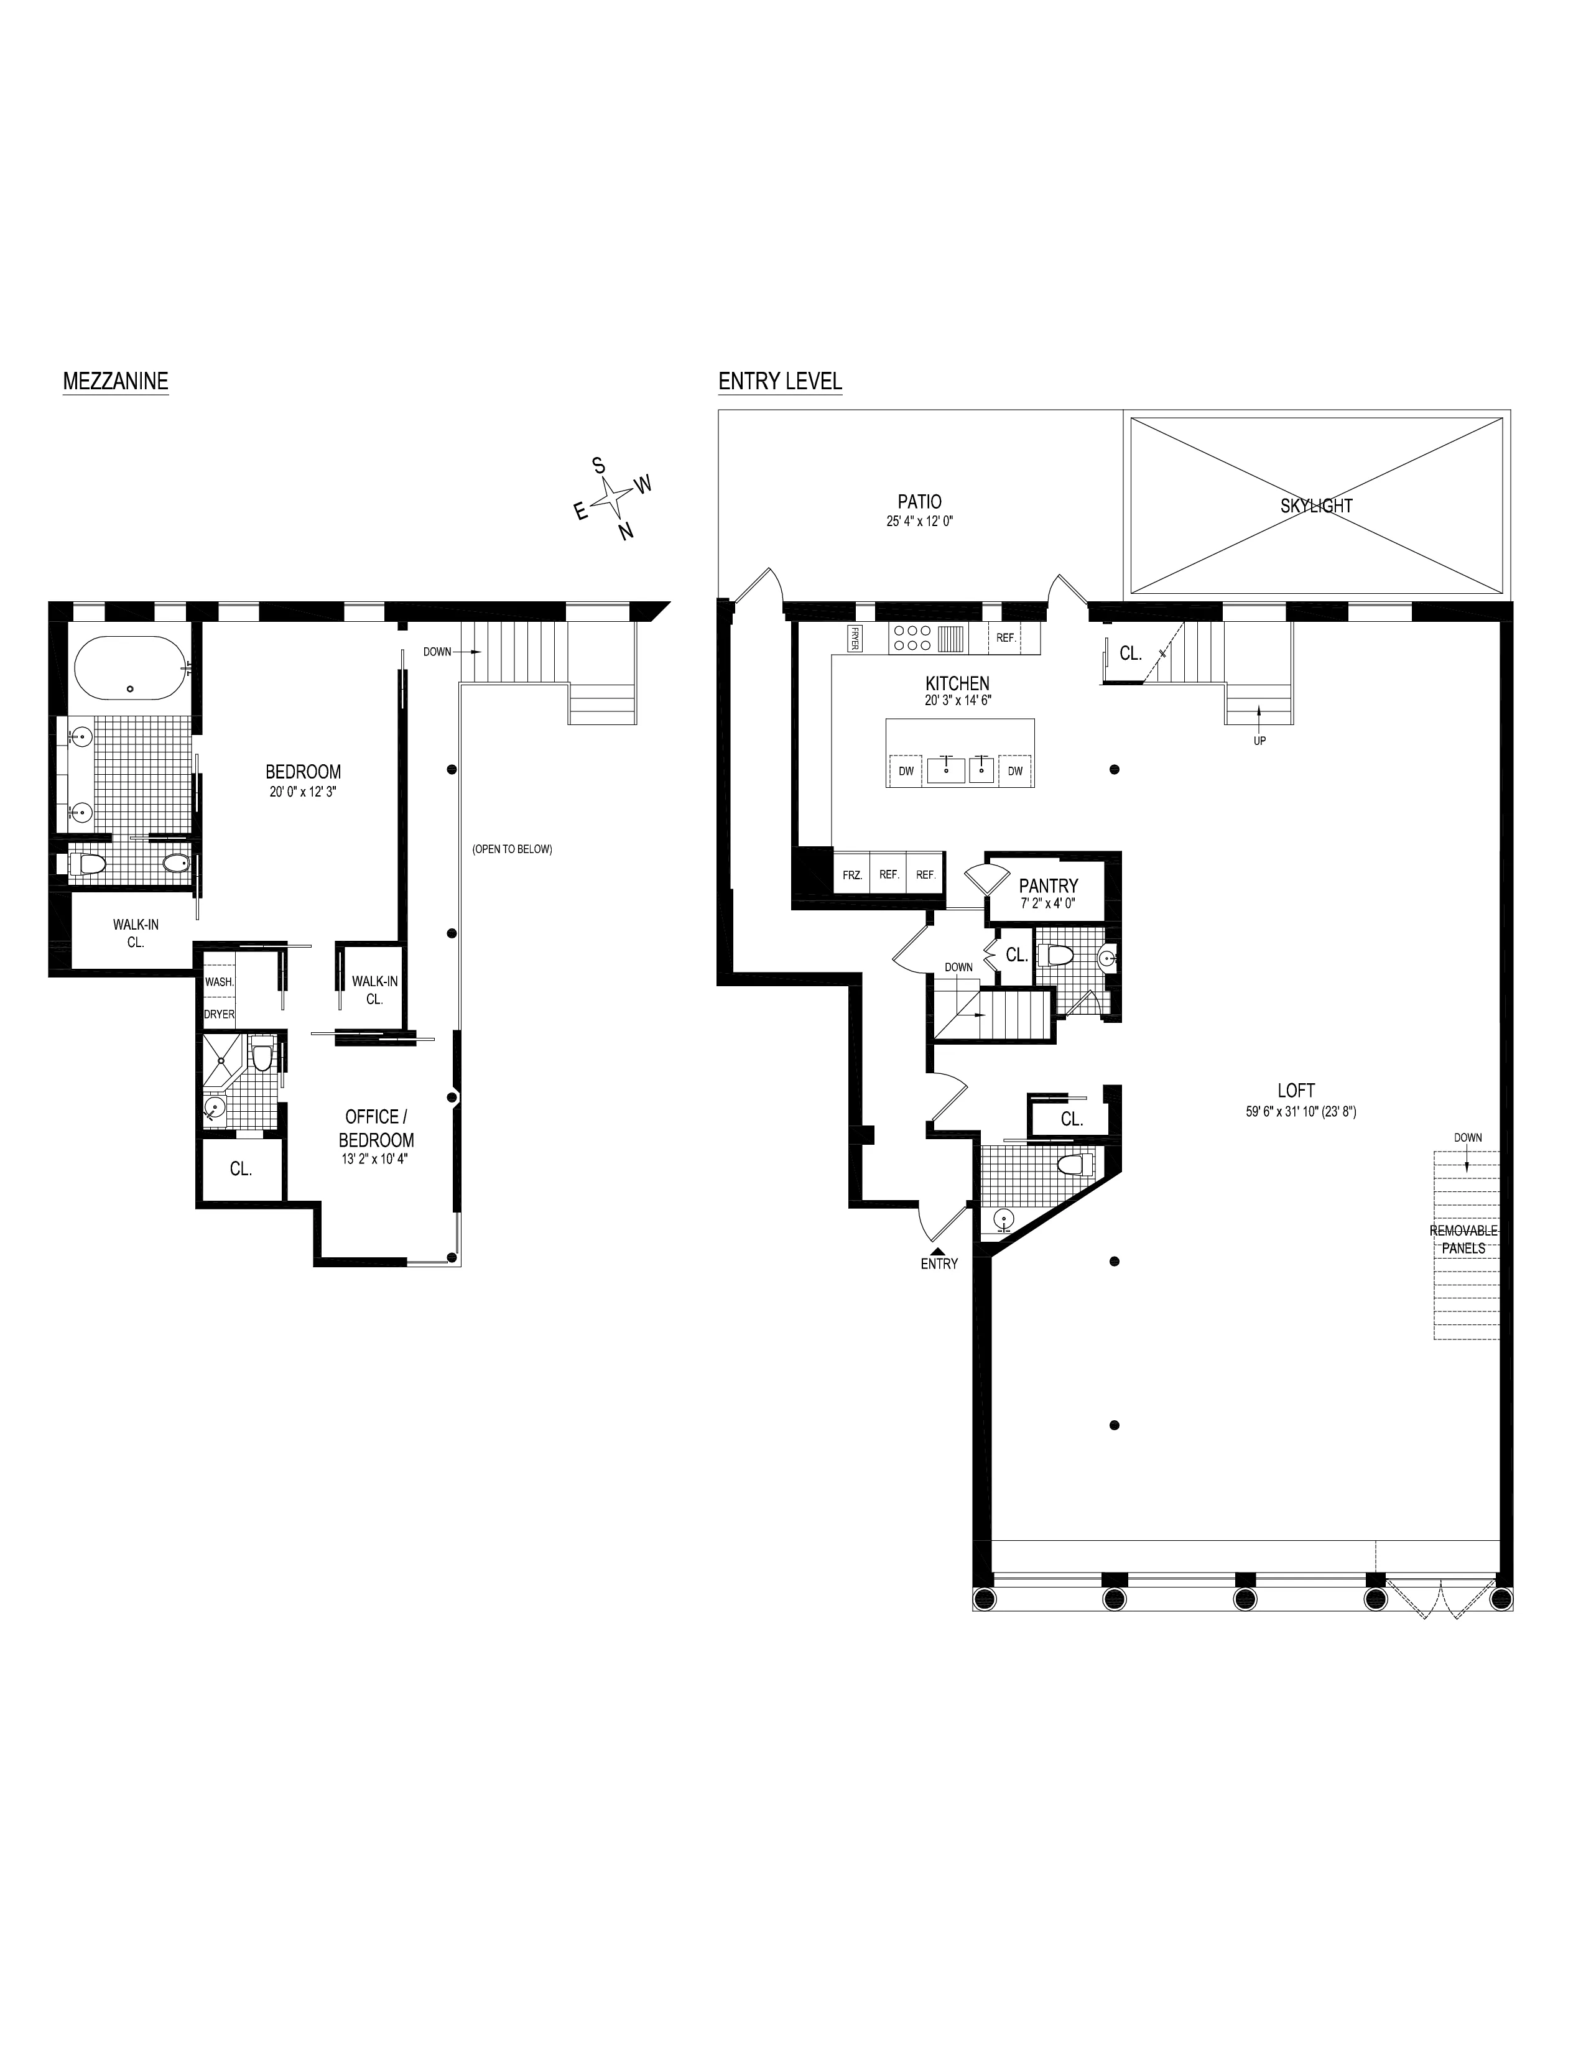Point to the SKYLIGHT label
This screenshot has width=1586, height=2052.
coord(1316,506)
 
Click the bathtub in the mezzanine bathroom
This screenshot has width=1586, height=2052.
coord(129,667)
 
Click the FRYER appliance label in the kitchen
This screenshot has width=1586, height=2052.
coord(855,638)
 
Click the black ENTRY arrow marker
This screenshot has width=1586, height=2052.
coord(938,1250)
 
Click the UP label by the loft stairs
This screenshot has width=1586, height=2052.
coord(1259,741)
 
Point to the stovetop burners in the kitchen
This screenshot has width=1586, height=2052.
coord(912,639)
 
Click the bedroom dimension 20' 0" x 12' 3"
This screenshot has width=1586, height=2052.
coord(302,792)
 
